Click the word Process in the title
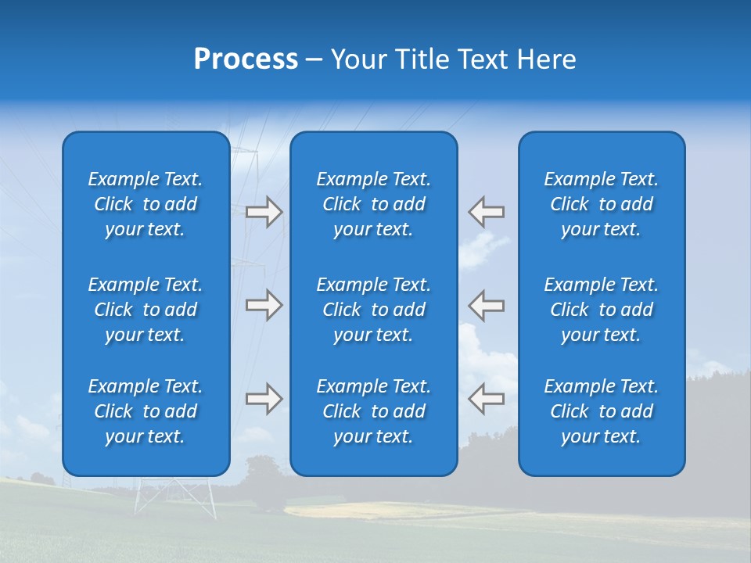click(x=246, y=59)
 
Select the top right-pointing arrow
click(x=264, y=212)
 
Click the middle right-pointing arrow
click(x=264, y=305)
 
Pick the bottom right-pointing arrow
click(x=264, y=399)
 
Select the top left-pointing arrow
click(x=487, y=212)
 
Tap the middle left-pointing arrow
click(x=487, y=305)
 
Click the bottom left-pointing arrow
click(x=487, y=399)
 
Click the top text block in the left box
click(x=146, y=204)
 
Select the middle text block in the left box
click(x=146, y=310)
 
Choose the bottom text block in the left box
click(x=146, y=411)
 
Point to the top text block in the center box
click(x=373, y=204)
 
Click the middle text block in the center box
click(x=373, y=310)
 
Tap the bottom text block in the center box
click(x=373, y=411)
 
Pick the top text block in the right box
click(x=601, y=204)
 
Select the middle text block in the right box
click(x=601, y=310)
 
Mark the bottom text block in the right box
click(x=601, y=411)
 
